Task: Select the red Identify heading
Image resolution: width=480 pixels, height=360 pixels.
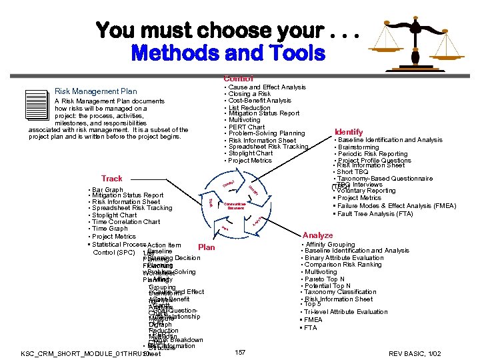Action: tap(349, 132)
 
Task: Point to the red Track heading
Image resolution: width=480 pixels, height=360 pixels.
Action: tap(112, 179)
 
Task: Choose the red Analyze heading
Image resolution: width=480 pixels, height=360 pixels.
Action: tap(317, 235)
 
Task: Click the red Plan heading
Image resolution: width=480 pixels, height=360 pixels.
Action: tap(207, 247)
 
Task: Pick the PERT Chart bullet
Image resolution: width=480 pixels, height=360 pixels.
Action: tap(246, 127)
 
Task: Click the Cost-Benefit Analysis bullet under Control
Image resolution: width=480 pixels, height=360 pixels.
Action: tap(259, 101)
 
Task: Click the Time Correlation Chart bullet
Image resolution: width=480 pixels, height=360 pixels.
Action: tap(126, 222)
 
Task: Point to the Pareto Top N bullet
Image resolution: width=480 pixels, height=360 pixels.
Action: tap(326, 279)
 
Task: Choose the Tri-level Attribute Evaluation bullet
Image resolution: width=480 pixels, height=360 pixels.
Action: tap(346, 311)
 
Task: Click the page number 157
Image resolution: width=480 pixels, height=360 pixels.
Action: tap(241, 351)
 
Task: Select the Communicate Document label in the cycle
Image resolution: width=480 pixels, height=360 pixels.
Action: tap(236, 206)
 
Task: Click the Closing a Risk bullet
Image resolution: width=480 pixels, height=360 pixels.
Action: tap(249, 94)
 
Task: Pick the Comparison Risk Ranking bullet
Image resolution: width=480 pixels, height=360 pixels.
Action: tap(343, 265)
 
